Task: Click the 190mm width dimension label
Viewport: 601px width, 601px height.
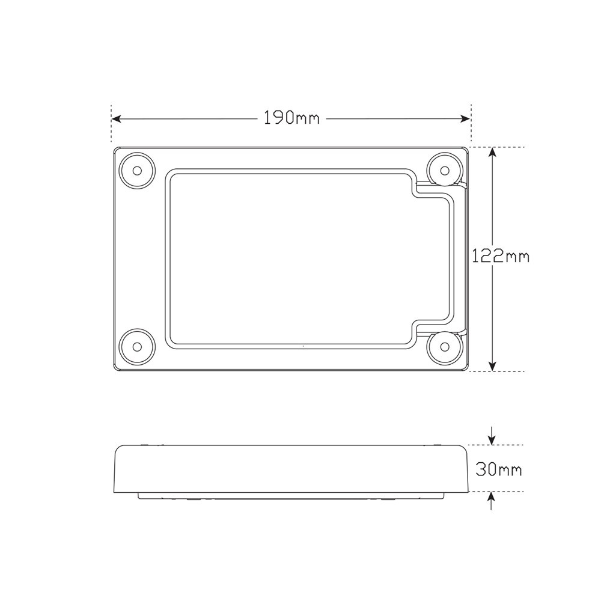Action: click(x=291, y=118)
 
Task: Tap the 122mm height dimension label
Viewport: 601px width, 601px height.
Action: click(x=500, y=256)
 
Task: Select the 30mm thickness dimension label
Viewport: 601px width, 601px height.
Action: click(x=499, y=469)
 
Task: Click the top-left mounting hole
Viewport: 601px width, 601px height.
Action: click(x=137, y=170)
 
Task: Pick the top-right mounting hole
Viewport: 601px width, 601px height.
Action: click(x=445, y=170)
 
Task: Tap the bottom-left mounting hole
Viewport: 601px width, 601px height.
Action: click(x=137, y=347)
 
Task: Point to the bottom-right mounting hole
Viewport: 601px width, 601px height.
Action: click(x=445, y=347)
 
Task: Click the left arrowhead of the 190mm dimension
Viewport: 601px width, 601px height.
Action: click(x=116, y=119)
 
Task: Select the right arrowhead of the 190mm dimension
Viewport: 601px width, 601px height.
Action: click(x=465, y=119)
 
